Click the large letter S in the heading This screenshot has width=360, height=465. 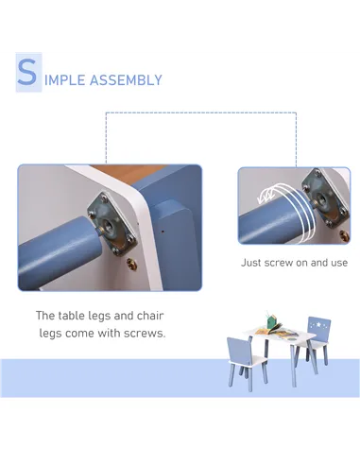coord(27,72)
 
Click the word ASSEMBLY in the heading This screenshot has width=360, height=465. coord(126,80)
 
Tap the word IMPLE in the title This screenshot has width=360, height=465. coord(64,80)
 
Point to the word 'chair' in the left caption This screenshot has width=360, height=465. coord(150,316)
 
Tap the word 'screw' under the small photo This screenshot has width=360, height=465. coord(279,263)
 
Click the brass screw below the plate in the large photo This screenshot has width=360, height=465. coord(132,264)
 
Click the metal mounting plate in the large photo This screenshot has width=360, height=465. coord(112,224)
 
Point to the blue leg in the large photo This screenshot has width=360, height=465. coord(58,251)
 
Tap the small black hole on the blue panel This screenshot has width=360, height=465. coord(163,232)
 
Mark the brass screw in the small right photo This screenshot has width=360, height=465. coord(345,235)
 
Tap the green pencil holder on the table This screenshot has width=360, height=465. coord(271,321)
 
